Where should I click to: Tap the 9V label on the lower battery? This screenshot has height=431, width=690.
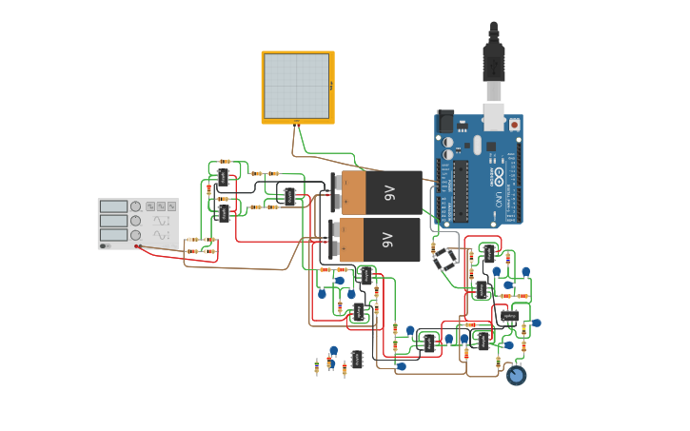(388, 239)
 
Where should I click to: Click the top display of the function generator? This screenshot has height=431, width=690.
(113, 206)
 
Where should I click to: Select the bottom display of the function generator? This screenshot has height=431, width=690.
(113, 234)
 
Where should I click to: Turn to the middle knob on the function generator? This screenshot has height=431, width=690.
(135, 221)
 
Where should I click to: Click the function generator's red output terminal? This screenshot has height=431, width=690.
(138, 246)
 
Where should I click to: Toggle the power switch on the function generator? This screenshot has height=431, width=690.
(104, 245)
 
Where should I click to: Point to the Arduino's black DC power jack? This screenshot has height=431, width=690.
(444, 122)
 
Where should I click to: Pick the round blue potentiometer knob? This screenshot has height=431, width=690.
(516, 376)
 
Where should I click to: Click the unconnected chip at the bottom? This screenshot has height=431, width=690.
(357, 359)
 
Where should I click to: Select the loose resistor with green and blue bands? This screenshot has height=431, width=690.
(317, 367)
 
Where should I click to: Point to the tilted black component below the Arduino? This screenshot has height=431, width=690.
(445, 259)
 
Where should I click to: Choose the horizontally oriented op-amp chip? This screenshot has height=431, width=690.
(509, 316)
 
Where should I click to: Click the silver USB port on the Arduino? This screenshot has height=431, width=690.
(495, 114)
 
